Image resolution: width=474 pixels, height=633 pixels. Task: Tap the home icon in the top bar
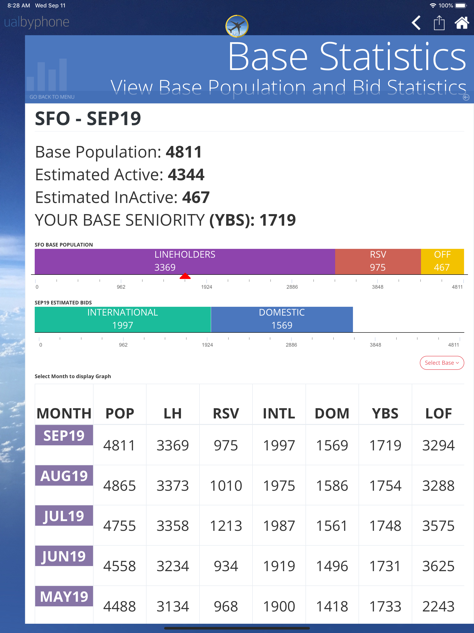(462, 23)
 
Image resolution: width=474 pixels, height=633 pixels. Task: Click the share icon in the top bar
(439, 23)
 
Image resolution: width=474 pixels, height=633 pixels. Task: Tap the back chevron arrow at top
(416, 23)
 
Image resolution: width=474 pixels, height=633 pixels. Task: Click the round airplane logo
(237, 26)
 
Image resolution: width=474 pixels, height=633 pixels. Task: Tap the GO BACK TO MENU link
(52, 97)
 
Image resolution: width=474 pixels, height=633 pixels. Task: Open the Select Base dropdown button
(442, 363)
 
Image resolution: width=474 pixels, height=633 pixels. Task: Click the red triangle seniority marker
(185, 276)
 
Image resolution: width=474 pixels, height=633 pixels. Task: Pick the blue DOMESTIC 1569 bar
(282, 319)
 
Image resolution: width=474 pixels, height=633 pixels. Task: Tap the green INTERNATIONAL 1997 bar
(123, 319)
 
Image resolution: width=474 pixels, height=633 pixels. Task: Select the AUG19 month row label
(64, 476)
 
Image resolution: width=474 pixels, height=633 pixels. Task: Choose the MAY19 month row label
(64, 596)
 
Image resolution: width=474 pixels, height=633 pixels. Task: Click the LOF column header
(439, 414)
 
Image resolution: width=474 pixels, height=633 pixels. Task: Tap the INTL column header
(279, 414)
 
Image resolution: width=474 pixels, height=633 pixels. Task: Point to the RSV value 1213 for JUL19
(226, 526)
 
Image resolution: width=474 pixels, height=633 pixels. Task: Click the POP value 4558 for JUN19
(119, 566)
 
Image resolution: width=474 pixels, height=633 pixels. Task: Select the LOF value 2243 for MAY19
(439, 606)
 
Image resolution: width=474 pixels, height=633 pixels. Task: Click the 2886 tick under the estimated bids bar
(291, 345)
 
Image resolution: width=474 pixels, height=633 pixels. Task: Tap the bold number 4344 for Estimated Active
(186, 174)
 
